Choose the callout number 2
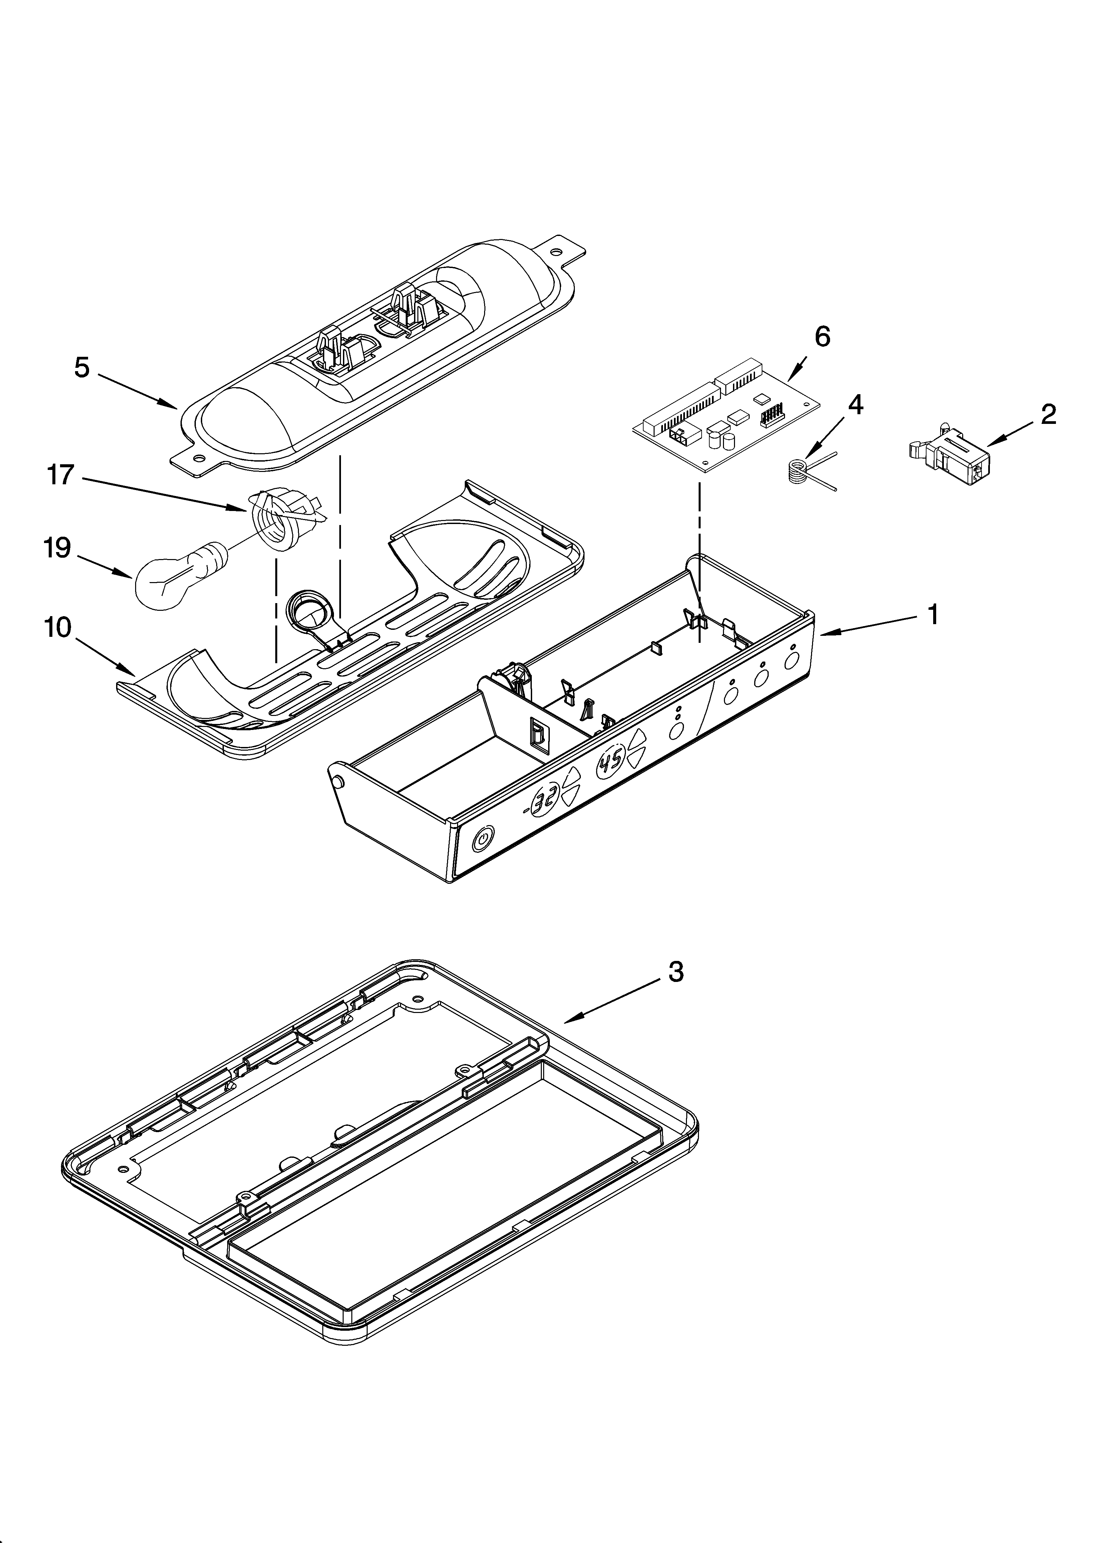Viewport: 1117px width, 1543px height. click(1048, 414)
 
